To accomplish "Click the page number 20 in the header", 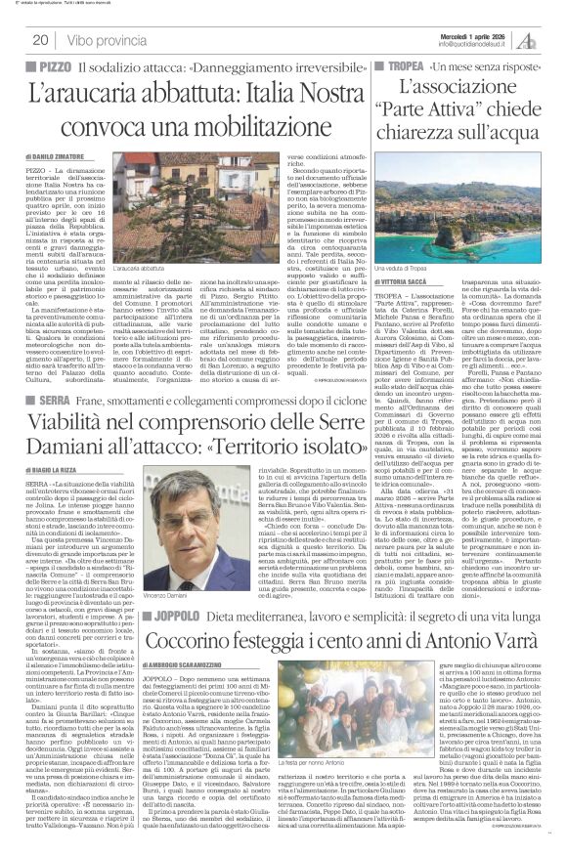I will (x=41, y=40).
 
